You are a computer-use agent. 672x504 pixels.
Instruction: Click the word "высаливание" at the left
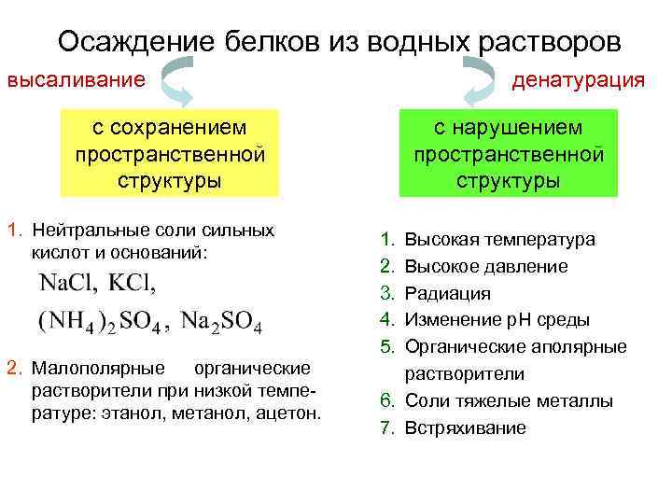[x=77, y=79]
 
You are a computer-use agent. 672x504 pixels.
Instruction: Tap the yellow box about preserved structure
[x=169, y=154]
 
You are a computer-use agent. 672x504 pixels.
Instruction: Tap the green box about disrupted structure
[x=509, y=154]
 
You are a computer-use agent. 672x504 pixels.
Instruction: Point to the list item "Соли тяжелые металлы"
[x=509, y=401]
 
